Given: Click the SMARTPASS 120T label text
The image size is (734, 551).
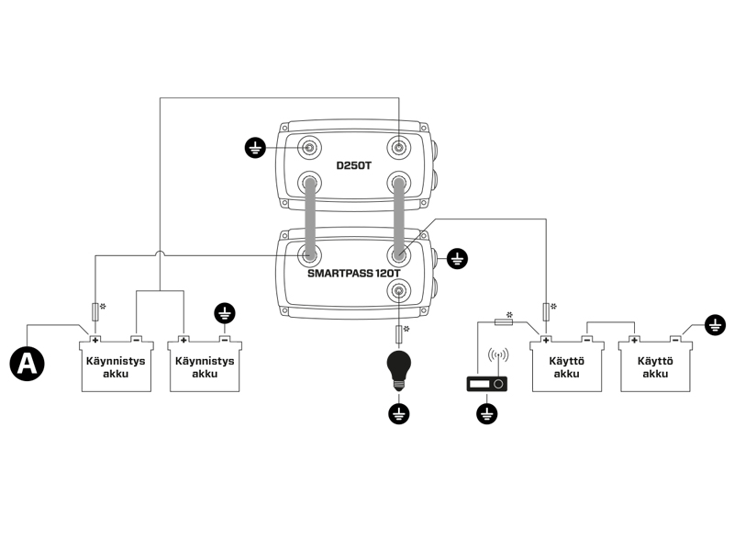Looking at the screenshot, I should tap(354, 274).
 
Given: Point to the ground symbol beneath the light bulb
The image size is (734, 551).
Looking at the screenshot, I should tap(398, 414).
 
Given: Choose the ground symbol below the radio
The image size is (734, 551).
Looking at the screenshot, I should tap(487, 415).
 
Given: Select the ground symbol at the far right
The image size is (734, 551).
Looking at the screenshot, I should tap(715, 324).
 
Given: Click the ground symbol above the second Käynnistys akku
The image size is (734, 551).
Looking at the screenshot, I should tap(224, 315).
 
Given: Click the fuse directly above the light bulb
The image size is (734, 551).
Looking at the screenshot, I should tap(399, 332).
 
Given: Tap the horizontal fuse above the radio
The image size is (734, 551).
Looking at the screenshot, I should tap(504, 321).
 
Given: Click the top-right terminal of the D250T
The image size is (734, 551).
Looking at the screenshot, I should tap(399, 147).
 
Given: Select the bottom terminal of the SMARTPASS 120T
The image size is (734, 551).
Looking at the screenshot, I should tap(399, 292).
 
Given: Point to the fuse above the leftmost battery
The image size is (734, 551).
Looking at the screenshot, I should tap(95, 309).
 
